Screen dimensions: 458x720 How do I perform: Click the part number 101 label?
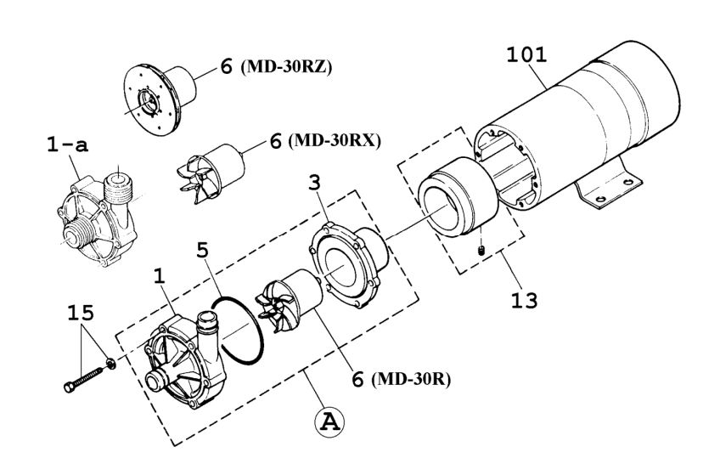tap(526, 56)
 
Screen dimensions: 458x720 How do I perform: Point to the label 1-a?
tap(67, 147)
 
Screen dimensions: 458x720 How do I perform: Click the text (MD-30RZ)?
tap(288, 67)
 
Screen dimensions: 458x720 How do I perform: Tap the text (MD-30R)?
tap(410, 380)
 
